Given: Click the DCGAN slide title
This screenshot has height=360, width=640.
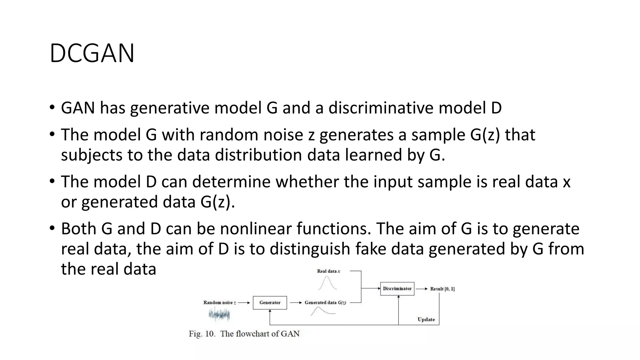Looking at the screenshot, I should [92, 53].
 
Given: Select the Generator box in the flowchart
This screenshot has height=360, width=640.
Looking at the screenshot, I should [270, 302].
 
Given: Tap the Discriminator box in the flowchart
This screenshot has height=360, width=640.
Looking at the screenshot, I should [397, 288].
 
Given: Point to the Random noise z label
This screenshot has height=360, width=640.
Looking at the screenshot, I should [219, 302].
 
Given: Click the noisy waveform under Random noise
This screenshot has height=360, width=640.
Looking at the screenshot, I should [219, 315].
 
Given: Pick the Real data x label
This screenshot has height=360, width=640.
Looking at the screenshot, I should [328, 271].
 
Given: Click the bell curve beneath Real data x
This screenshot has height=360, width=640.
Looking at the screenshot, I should [327, 283].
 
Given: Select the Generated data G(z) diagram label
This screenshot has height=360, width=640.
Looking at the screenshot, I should [325, 302].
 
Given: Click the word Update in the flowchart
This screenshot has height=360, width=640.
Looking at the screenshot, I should [426, 319].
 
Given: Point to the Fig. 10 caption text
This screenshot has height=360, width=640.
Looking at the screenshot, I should [244, 334].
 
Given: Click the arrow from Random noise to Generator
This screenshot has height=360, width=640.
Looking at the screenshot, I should [244, 302].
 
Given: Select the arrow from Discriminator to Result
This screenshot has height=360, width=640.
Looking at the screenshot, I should [422, 289].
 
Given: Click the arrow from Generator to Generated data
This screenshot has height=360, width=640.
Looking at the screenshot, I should [296, 302].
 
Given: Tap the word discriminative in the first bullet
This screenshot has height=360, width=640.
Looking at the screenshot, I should [381, 108].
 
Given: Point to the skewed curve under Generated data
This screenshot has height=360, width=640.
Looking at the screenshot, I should [322, 311].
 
